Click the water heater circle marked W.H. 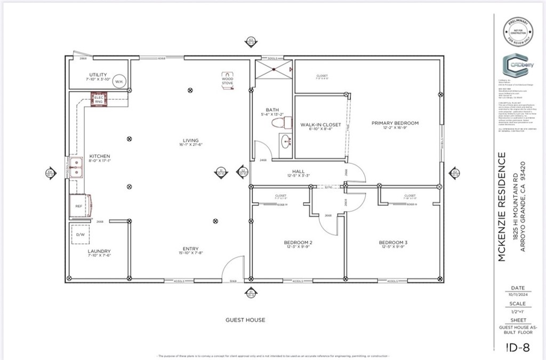point(119,82)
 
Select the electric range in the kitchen point(99,99)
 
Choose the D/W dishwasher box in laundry point(81,234)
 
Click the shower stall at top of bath point(274,69)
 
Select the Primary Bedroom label point(395,123)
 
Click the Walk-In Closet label point(320,125)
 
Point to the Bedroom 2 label point(298,243)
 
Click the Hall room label point(298,171)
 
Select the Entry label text point(190,249)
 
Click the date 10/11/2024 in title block point(517,293)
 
